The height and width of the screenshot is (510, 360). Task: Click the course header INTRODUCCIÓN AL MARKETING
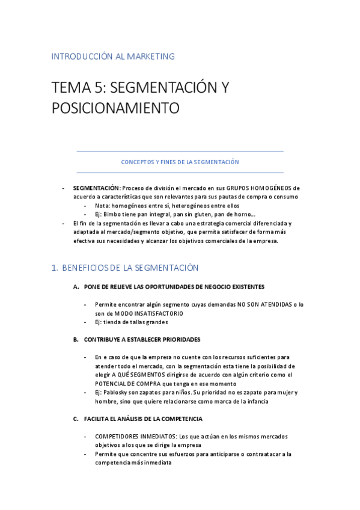(x=113, y=57)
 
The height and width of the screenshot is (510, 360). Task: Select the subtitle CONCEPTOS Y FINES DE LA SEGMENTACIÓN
(x=180, y=162)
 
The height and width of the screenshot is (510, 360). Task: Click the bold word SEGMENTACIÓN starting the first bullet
(x=96, y=188)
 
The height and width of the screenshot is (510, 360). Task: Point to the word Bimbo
(x=112, y=214)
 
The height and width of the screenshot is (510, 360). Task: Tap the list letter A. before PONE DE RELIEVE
(x=76, y=287)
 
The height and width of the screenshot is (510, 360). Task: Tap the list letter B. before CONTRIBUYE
(x=76, y=340)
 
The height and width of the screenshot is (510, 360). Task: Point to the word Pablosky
(x=115, y=392)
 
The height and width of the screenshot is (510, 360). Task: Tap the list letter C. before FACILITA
(x=76, y=419)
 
